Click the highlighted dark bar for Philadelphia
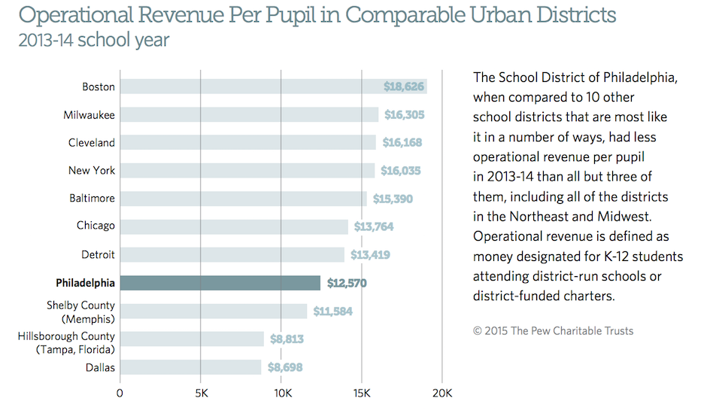coord(220,283)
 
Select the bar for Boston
coord(273,87)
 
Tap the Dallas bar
coord(190,367)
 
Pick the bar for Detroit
coord(232,254)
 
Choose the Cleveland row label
coord(92,143)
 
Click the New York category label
coord(92,171)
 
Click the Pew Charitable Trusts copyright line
coord(553,330)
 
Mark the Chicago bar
coord(234,226)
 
